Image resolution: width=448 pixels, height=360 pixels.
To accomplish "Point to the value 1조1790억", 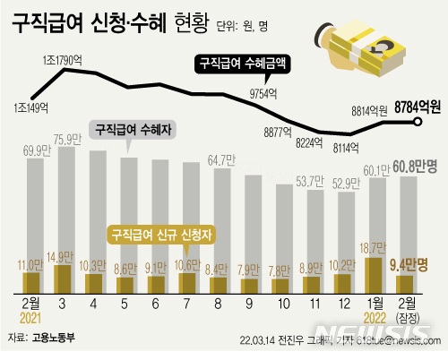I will click(x=64, y=61).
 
